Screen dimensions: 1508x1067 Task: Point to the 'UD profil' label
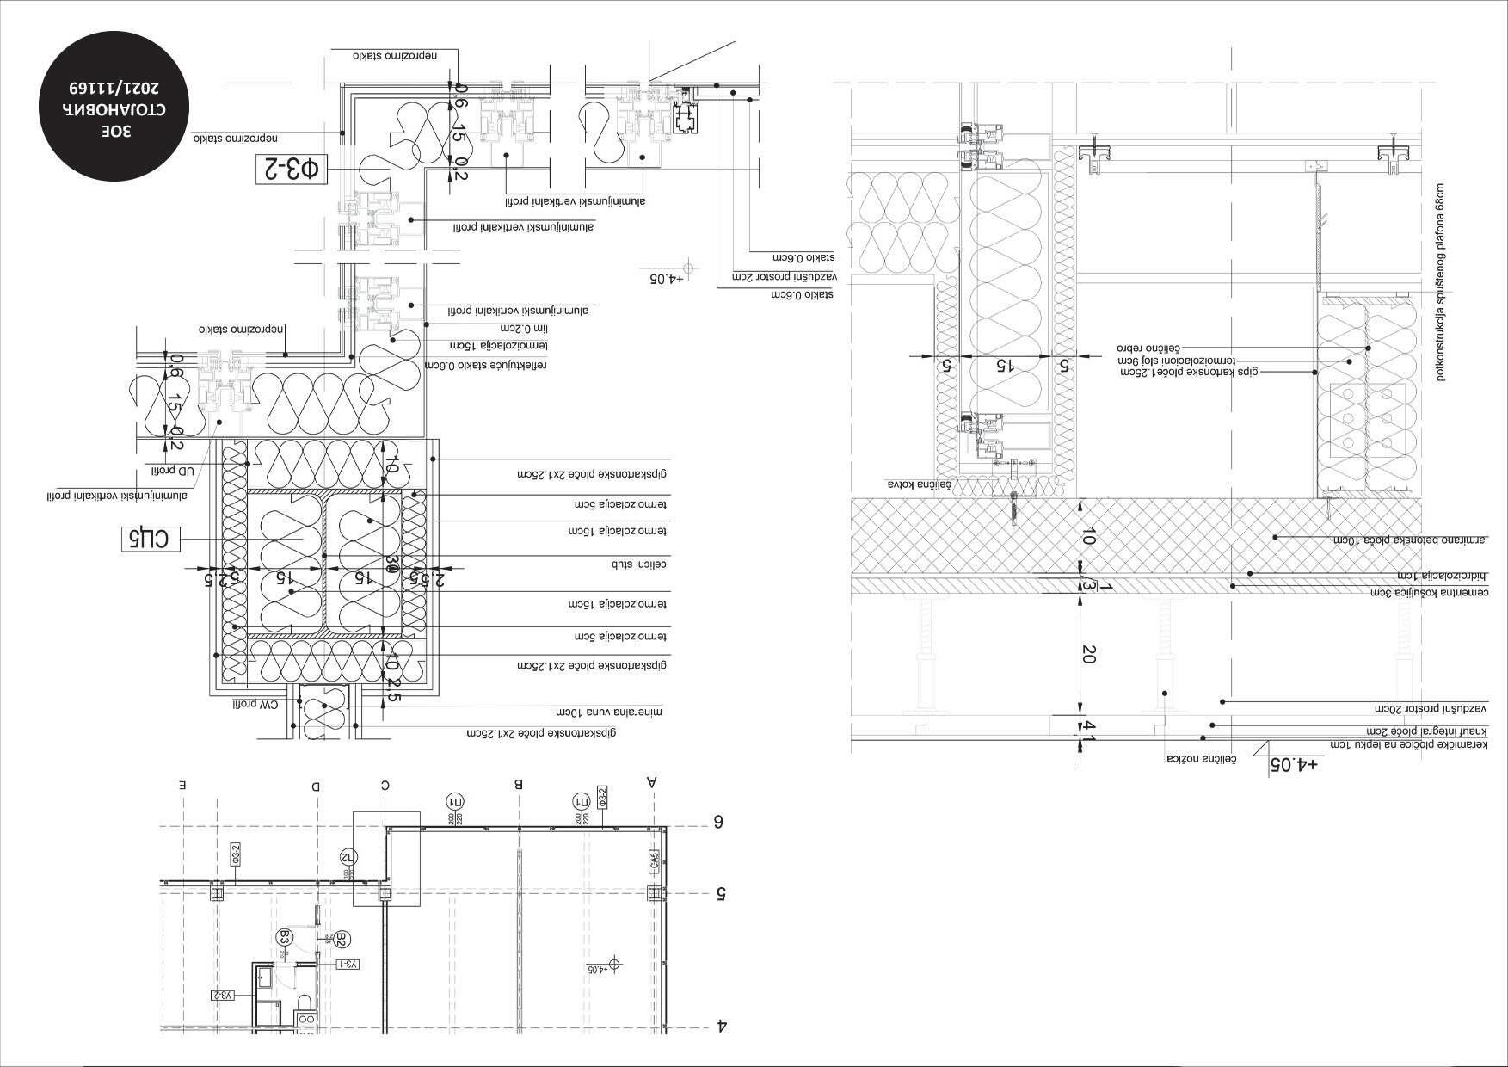pos(175,471)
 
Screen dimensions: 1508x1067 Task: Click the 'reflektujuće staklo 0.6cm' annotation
pos(486,365)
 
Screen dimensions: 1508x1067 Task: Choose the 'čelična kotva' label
pos(920,485)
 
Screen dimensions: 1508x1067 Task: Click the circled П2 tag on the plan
pos(348,856)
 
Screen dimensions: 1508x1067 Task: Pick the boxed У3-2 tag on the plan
pos(223,996)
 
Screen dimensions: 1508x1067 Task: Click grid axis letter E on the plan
pos(182,786)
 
